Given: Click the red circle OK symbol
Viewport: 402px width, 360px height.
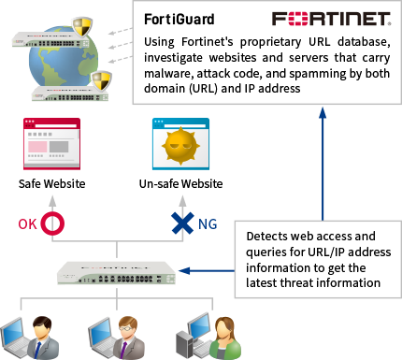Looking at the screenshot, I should [52, 223].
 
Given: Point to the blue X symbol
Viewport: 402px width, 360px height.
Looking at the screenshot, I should [181, 223].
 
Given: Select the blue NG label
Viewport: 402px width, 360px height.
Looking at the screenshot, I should [208, 224].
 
